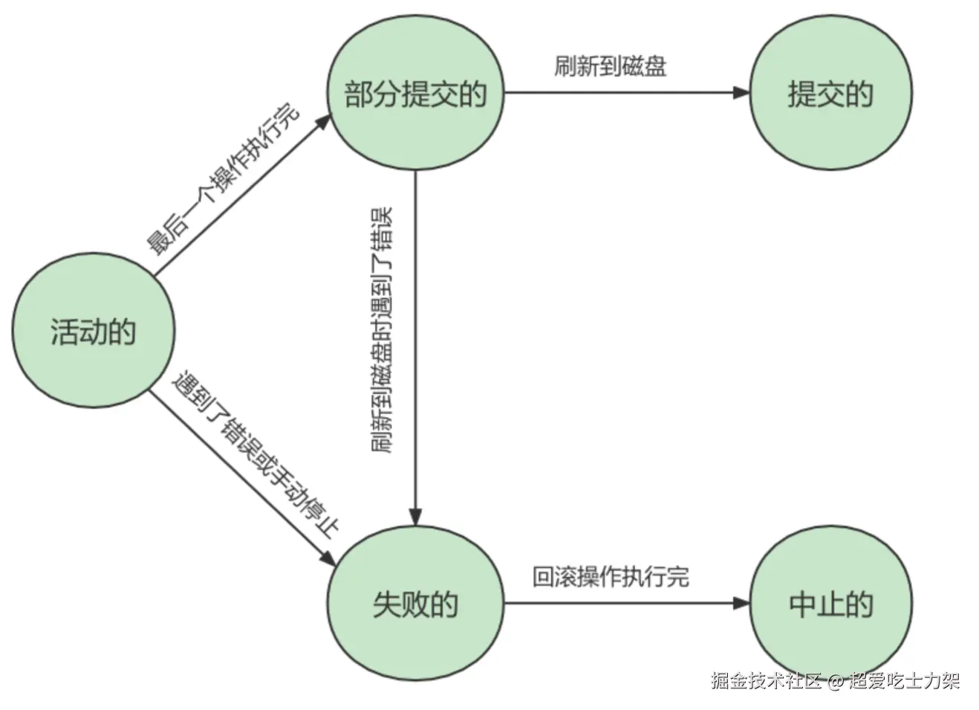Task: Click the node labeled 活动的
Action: coord(93,332)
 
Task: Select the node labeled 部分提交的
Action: coord(415,94)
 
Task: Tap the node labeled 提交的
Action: coord(830,94)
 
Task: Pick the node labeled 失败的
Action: coord(415,604)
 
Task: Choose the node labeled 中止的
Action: coord(830,604)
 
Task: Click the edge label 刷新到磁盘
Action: coord(610,66)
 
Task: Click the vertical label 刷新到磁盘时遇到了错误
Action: coord(383,331)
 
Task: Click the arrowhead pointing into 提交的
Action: coord(741,93)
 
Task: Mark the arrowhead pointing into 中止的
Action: coord(741,603)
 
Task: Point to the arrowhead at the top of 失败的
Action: coord(415,516)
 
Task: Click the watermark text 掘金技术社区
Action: coord(766,680)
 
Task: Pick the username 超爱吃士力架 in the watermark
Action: coord(904,680)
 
